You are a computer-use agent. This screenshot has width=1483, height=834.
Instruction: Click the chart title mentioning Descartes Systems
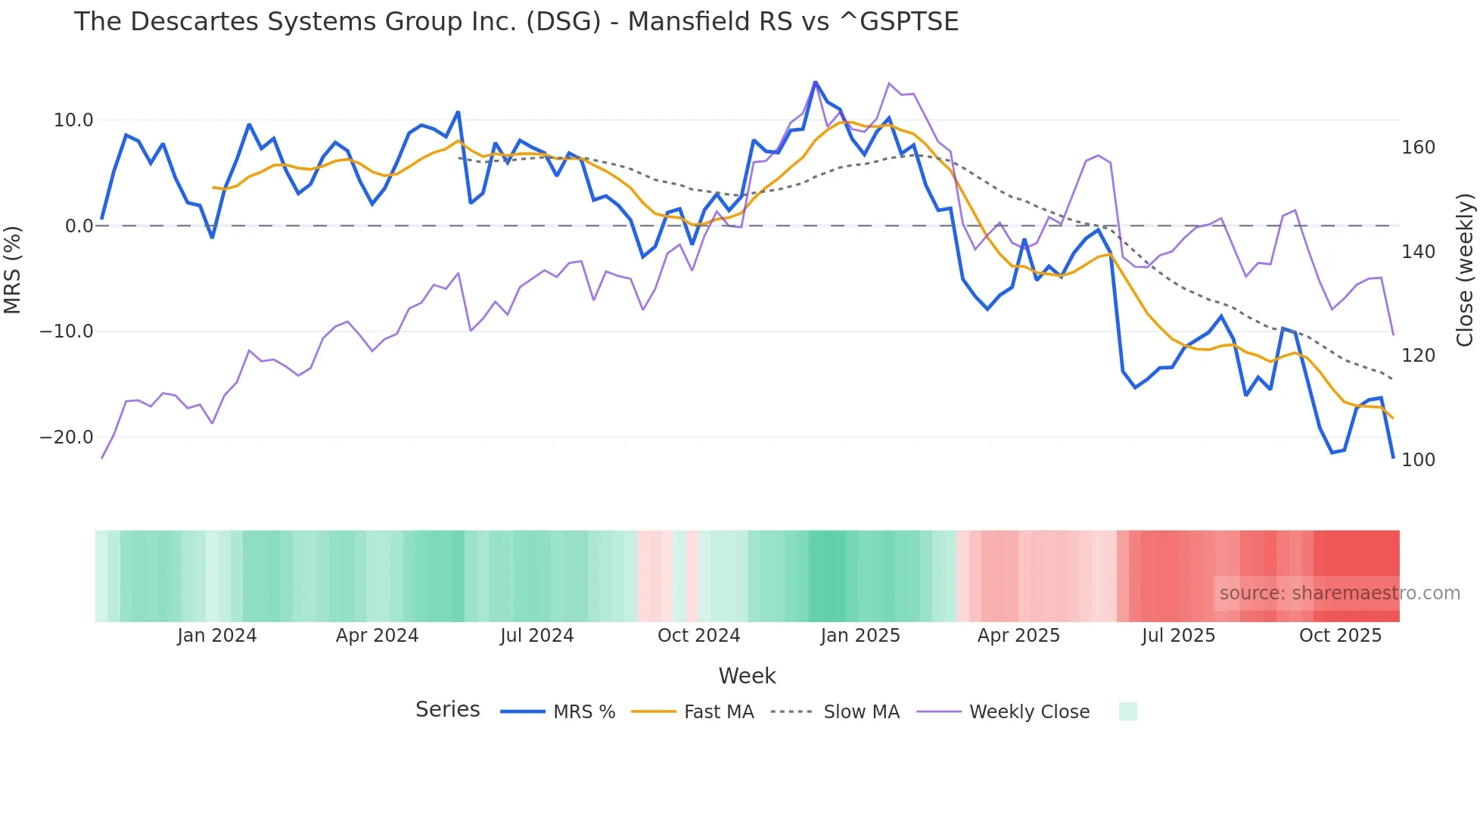coord(516,21)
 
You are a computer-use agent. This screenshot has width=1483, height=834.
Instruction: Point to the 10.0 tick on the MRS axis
coord(73,120)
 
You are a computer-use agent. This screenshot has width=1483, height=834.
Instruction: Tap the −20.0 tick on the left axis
coord(67,437)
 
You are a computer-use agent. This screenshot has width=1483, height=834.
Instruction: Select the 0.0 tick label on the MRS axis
coord(79,226)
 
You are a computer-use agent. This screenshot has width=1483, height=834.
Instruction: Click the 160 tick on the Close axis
coord(1418,148)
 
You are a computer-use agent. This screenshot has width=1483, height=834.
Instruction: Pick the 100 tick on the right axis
coord(1418,460)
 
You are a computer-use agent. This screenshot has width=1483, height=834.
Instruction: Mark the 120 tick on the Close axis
coord(1418,356)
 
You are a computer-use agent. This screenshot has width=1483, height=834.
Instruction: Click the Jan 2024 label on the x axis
coord(217,636)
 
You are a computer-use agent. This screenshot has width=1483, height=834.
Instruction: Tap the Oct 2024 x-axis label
coord(698,636)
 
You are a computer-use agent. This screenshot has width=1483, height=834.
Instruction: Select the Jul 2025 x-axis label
coord(1178,636)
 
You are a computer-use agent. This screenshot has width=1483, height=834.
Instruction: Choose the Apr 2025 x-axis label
coord(1018,636)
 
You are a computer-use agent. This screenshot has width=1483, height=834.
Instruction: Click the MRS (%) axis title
coord(13,269)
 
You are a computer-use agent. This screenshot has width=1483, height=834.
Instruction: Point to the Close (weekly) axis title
coord(1466,270)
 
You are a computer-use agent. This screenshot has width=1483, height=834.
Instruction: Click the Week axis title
coord(747,676)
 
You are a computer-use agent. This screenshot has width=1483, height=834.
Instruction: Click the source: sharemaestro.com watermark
coord(1339,593)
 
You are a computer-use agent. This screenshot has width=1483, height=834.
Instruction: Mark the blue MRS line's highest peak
coord(815,82)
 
